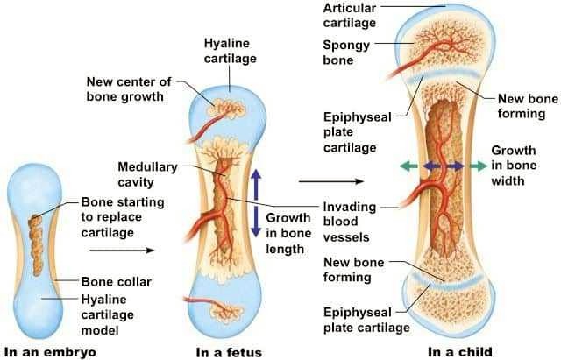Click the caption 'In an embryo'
[x=50, y=352]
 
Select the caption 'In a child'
[x=460, y=352]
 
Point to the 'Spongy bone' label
[x=344, y=53]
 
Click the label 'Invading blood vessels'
[x=350, y=222]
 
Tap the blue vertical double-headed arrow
[x=255, y=202]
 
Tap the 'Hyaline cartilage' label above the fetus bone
[x=231, y=49]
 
